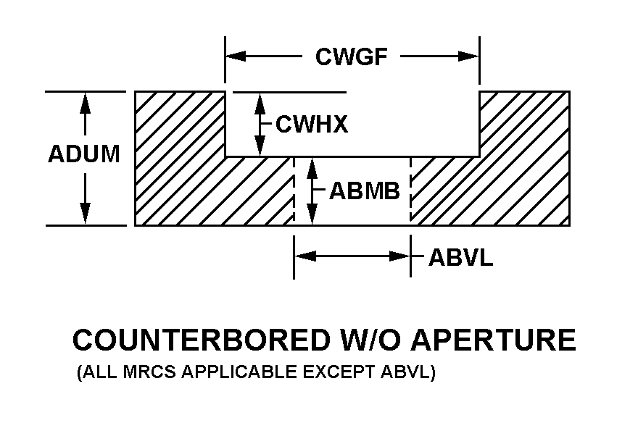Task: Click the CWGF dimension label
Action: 351,56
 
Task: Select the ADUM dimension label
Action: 84,155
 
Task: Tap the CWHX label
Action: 312,125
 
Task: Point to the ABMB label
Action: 365,191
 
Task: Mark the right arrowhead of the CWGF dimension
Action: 469,56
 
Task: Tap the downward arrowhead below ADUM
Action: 86,214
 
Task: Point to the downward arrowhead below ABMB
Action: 312,215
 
